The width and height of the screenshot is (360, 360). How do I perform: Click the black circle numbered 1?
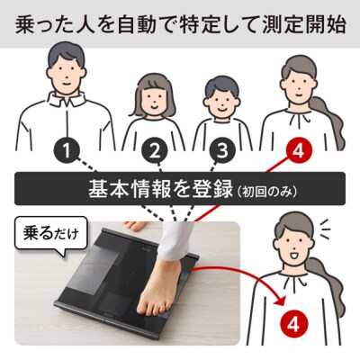(x=67, y=151)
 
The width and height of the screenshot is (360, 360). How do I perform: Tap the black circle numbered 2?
(x=155, y=151)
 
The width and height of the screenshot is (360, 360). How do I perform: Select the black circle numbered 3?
(x=222, y=151)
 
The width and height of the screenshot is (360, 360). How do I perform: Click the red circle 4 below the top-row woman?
(x=298, y=151)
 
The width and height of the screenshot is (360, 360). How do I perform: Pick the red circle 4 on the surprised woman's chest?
(x=294, y=324)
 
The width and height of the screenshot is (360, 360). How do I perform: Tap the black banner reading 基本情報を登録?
(x=180, y=188)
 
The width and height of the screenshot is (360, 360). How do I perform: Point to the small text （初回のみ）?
(x=266, y=192)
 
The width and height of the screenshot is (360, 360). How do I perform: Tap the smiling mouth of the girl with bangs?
(x=154, y=105)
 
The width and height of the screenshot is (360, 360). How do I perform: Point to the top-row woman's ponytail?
(x=329, y=120)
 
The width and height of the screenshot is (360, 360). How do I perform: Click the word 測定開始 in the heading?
(x=304, y=25)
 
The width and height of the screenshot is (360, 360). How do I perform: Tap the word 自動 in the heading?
(x=137, y=25)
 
